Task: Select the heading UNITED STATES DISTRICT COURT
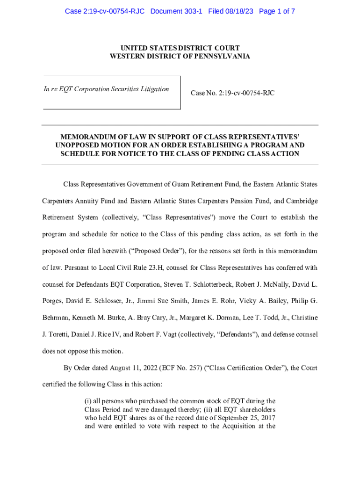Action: pyautogui.click(x=180, y=48)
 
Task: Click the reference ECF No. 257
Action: pyautogui.click(x=178, y=368)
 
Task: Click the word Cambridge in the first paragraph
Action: pyautogui.click(x=298, y=201)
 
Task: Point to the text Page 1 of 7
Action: pyautogui.click(x=276, y=11)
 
